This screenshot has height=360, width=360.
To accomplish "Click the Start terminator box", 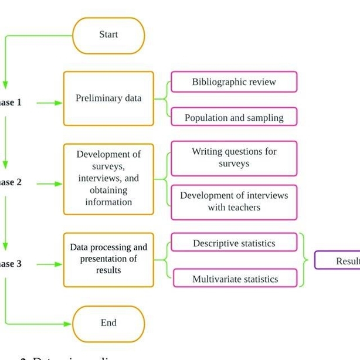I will click(108, 35).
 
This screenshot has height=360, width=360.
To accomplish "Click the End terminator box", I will click(108, 323).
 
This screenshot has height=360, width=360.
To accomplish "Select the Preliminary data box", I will click(108, 99).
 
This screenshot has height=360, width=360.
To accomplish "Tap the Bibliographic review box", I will click(234, 82).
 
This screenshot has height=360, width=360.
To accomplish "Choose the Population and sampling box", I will click(234, 117).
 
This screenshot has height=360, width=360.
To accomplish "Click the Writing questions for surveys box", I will click(234, 158).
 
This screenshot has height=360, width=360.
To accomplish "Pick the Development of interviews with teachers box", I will click(234, 202).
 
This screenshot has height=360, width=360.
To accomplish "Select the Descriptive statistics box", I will click(234, 243).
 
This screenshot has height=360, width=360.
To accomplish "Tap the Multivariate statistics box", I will click(234, 279).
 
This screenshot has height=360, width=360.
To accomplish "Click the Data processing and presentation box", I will click(108, 259).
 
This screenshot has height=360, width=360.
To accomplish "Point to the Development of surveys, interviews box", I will click(108, 178).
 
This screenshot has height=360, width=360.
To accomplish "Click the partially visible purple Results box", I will click(338, 260).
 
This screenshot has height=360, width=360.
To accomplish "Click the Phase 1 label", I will click(11, 103).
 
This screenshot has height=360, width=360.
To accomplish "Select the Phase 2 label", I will click(11, 182).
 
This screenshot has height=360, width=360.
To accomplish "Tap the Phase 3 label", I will click(11, 264).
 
